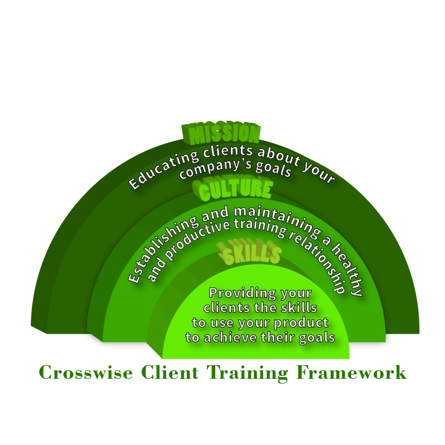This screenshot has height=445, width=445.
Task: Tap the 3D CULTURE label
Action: coord(235,190)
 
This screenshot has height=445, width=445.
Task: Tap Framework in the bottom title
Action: coord(352,373)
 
